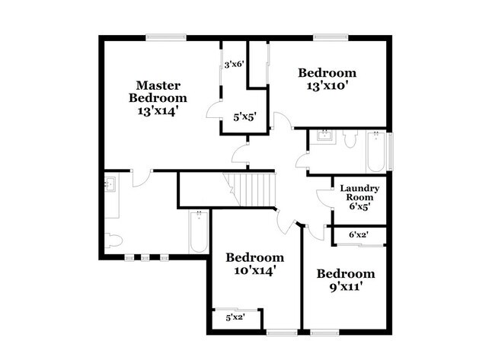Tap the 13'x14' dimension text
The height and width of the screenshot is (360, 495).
158,110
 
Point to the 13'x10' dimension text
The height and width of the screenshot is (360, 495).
327,85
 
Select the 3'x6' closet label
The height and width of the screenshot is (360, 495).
233,65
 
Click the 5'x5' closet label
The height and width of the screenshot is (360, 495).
244,116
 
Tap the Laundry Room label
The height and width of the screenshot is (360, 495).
359,193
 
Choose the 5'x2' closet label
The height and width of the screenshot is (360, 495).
236,317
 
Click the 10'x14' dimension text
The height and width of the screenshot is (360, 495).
255,269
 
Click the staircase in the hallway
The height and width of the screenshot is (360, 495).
253,189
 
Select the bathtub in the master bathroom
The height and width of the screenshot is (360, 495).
199,233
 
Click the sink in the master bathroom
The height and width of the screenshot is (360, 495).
109,183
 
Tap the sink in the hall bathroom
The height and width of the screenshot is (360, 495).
325,136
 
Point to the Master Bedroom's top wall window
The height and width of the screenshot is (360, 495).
166,36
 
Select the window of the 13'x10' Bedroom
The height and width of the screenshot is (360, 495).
330,36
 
